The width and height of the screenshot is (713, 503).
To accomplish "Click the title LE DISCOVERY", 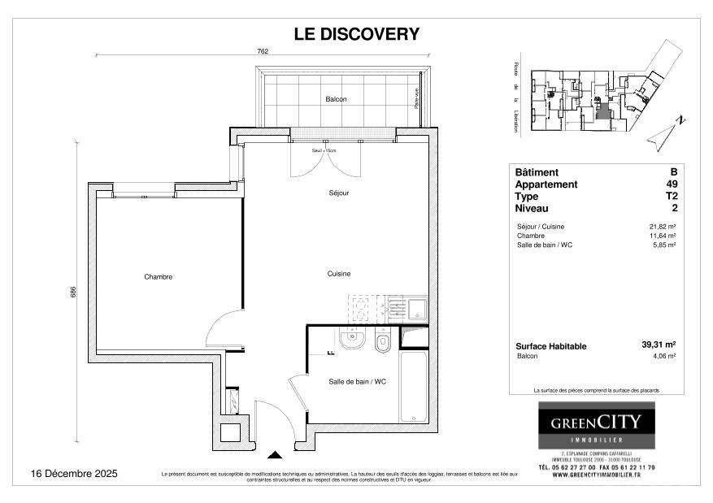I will (356, 34).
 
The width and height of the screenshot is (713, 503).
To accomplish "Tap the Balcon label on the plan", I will (336, 99).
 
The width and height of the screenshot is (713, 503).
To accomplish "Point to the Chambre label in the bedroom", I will (158, 277).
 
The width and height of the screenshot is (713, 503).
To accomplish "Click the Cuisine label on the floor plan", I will (339, 274).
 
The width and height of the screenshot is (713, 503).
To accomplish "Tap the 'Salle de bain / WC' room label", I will (356, 382).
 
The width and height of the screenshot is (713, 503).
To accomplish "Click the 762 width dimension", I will (263, 50).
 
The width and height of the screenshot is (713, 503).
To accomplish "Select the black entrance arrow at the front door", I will (275, 456).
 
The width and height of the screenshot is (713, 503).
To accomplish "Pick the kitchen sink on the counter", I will (416, 308).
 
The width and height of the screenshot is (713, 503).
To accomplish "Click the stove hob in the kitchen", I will (359, 309).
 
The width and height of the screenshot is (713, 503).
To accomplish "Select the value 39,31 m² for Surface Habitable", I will (659, 345).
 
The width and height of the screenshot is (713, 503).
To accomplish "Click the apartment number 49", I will (672, 184).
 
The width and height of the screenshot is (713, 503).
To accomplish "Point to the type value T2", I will (672, 197).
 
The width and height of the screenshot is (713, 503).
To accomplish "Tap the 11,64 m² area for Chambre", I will (662, 236).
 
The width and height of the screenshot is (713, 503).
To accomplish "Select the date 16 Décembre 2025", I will (74, 473).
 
